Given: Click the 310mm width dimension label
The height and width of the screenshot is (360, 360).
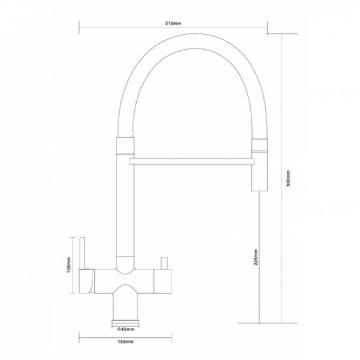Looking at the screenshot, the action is coord(173,24).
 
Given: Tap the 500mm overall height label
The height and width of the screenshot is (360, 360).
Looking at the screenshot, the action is coord(289,178).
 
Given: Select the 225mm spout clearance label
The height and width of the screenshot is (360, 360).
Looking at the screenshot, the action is coord(256,257).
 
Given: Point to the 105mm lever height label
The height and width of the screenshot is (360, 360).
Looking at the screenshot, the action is coord(69,264).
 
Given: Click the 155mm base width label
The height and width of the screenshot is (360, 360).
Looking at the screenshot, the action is coord(126,342).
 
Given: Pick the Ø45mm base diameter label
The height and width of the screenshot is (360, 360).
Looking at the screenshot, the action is coord(126,329).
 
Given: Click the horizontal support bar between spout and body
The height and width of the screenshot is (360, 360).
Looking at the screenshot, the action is coord(192,162).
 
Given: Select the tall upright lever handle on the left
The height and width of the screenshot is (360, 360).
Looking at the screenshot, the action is coord(82,253).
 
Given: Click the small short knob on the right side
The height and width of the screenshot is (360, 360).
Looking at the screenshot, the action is coord(164,263).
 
